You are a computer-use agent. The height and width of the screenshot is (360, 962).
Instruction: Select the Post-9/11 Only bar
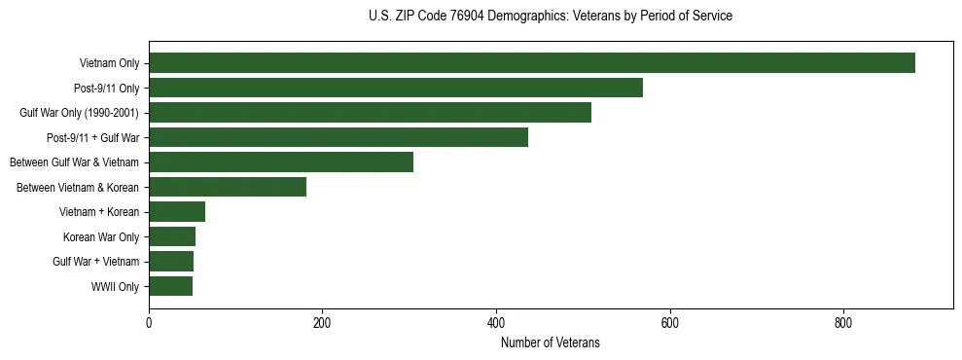(x=395, y=88)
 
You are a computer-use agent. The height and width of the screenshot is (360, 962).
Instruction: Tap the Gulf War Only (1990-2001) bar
(x=370, y=113)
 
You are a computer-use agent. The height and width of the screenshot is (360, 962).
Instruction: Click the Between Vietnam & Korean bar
(x=227, y=187)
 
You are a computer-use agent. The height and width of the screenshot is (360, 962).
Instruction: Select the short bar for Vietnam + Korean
(x=176, y=212)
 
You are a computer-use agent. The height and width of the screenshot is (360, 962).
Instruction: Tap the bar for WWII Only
(x=170, y=286)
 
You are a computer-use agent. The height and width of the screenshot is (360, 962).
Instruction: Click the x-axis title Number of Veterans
(x=550, y=343)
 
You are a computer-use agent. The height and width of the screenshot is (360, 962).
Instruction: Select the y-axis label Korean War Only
(x=101, y=236)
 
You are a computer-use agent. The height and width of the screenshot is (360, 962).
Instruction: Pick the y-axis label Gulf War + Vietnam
(x=95, y=262)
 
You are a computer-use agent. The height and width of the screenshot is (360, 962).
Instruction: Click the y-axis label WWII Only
(x=115, y=286)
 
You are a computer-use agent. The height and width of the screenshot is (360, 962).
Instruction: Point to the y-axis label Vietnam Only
(x=109, y=63)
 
